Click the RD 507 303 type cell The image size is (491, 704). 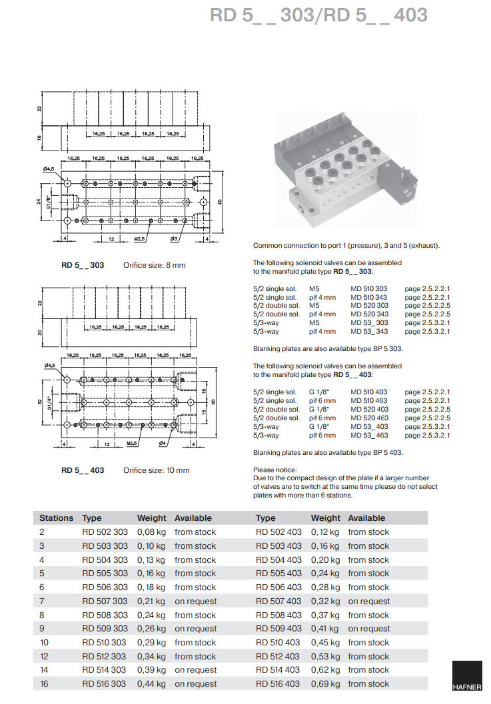(x=105, y=601)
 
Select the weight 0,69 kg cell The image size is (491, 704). (x=325, y=684)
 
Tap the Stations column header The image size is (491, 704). (x=56, y=518)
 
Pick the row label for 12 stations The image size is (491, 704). (x=45, y=657)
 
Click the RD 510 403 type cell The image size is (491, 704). (x=278, y=643)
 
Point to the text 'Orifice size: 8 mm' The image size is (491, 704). (x=155, y=266)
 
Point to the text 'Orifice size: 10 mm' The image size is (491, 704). (x=157, y=470)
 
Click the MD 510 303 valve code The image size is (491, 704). (x=368, y=289)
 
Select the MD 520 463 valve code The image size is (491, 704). (x=369, y=418)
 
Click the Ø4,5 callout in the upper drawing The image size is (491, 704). (x=49, y=170)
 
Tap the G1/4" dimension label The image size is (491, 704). (x=49, y=404)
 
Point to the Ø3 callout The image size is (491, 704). (x=173, y=238)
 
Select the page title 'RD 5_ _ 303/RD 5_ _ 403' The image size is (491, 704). (x=318, y=15)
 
